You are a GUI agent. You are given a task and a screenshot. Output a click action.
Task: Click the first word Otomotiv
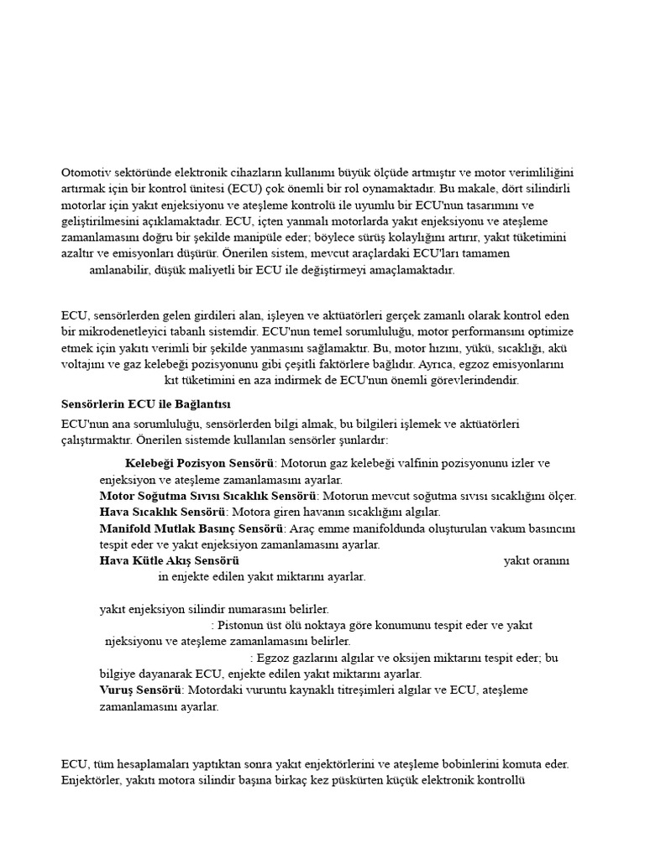tap(87, 172)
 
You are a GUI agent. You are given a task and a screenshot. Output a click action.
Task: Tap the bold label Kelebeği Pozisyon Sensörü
tap(201, 464)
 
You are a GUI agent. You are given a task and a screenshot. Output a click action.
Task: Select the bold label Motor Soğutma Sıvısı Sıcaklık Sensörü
tap(208, 496)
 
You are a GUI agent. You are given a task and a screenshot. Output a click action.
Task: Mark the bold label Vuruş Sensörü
tap(140, 690)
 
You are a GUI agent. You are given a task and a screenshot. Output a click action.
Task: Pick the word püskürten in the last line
tap(402, 780)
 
